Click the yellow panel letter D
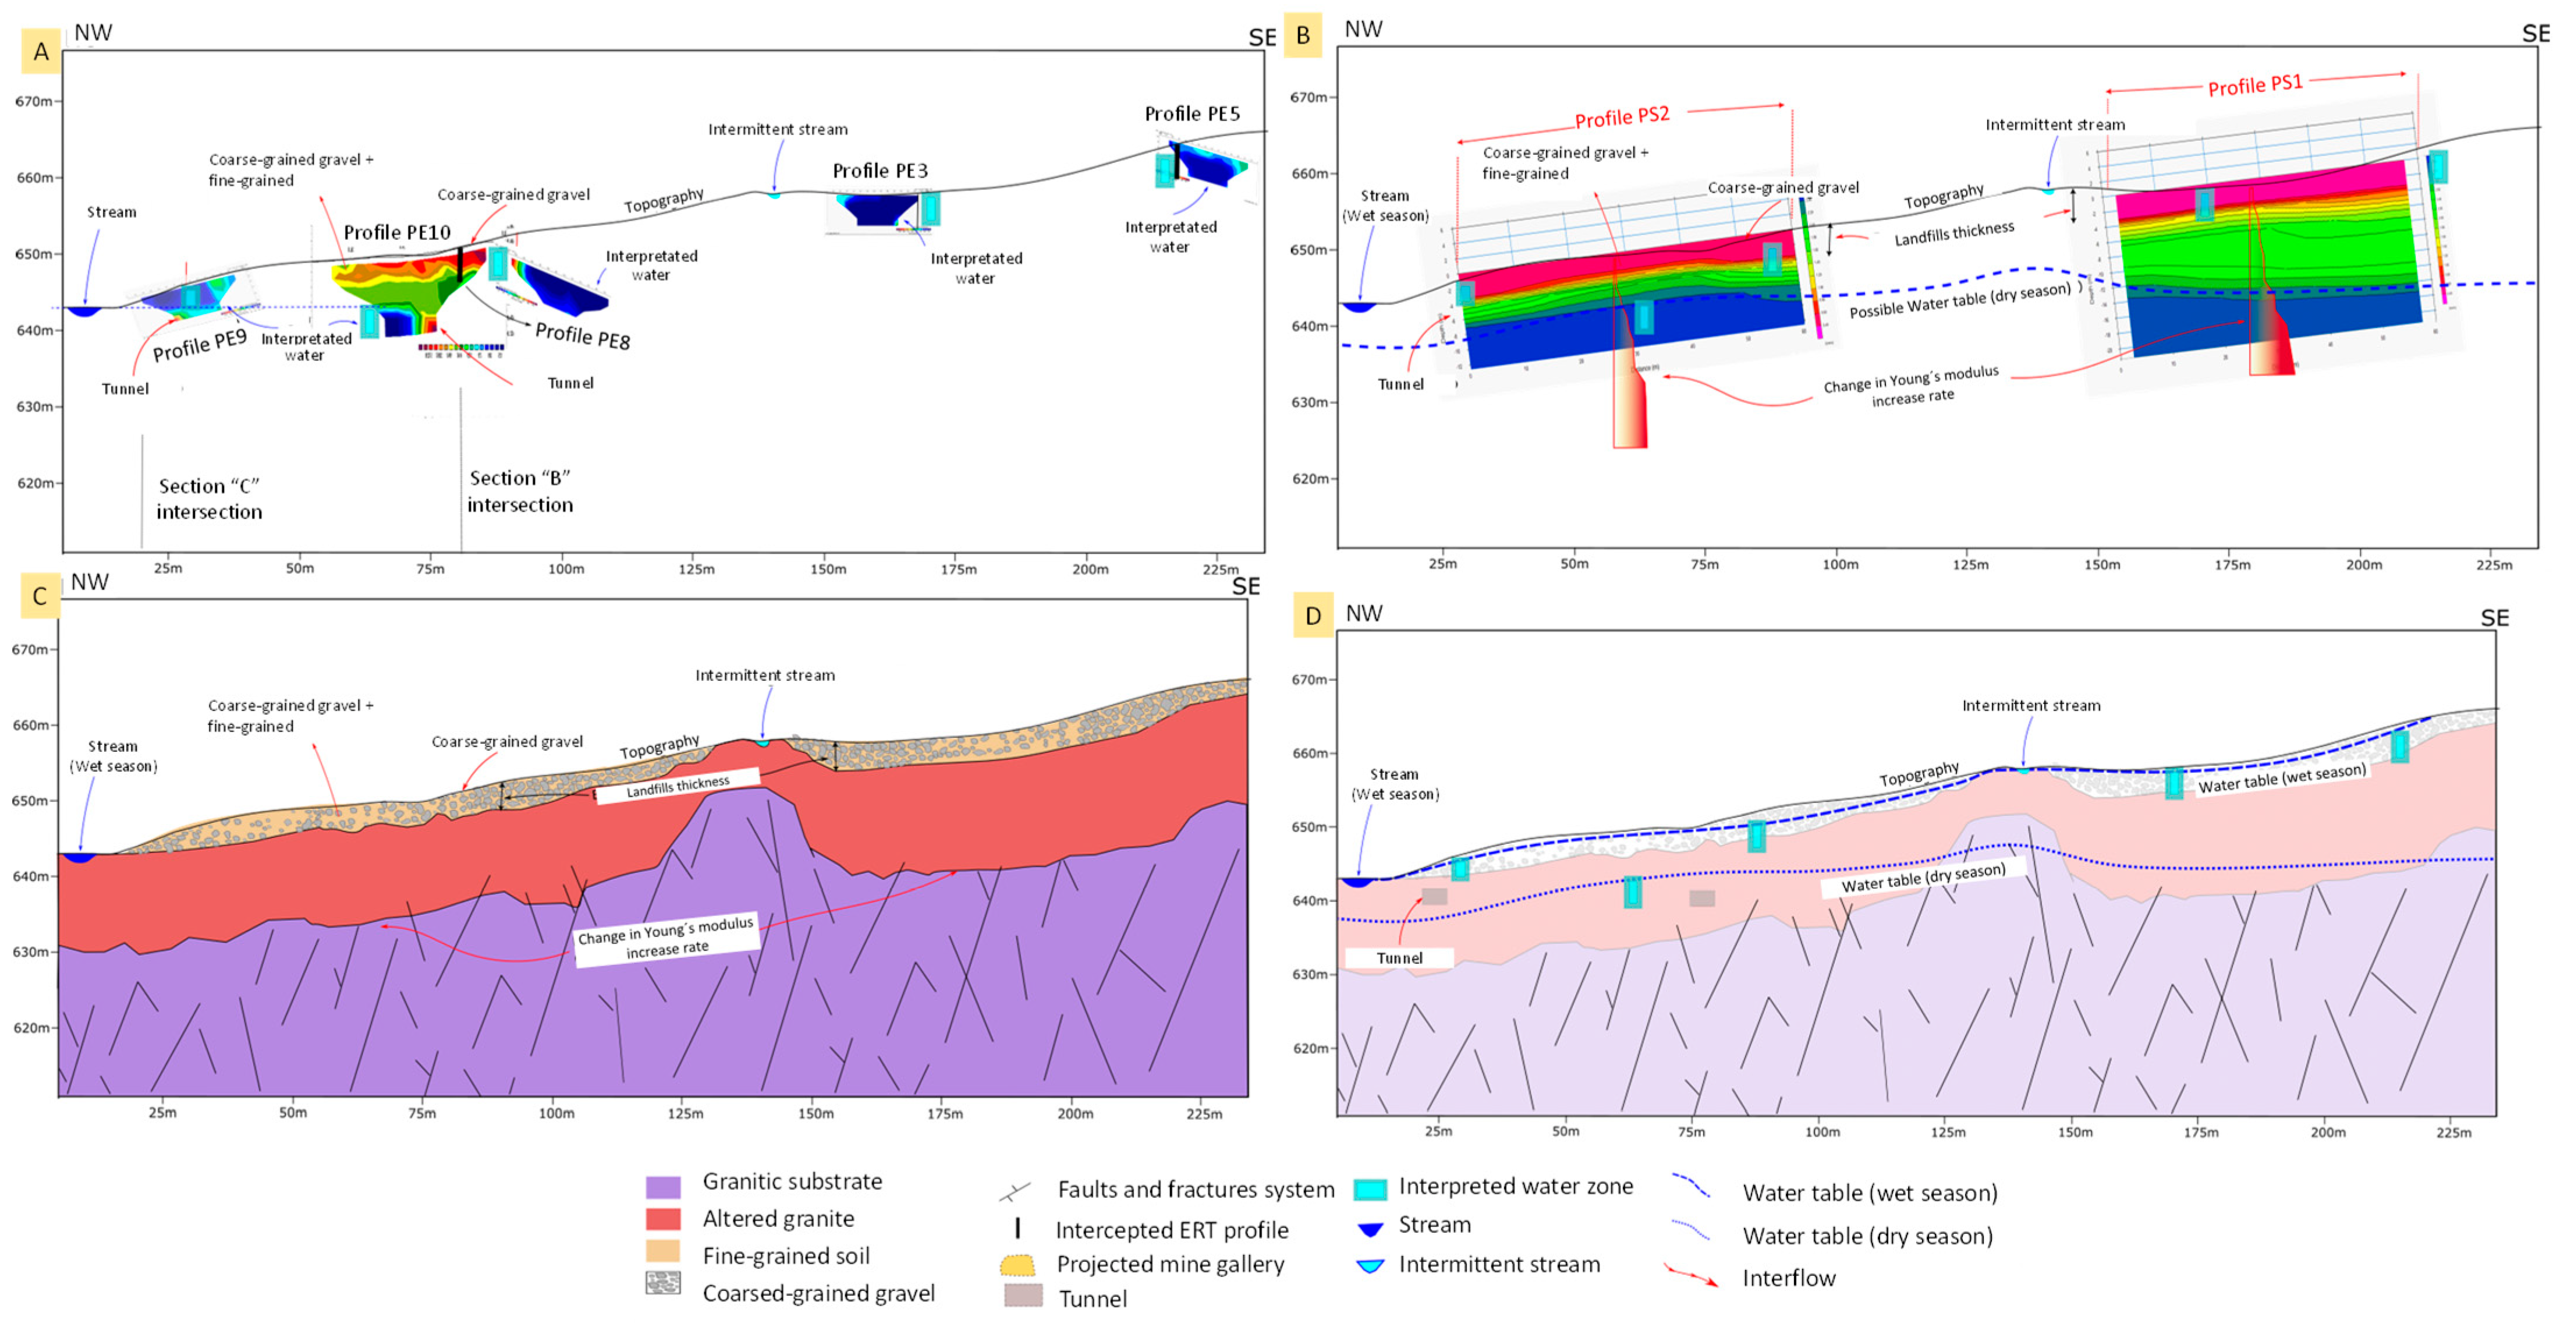tap(1313, 616)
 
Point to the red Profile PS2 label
tap(1622, 117)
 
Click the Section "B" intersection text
tap(520, 491)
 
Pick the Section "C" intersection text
tap(209, 498)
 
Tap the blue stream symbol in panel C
tap(77, 857)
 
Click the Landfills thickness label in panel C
tap(678, 786)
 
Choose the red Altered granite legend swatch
tap(663, 1219)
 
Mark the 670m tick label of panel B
tap(1309, 97)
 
